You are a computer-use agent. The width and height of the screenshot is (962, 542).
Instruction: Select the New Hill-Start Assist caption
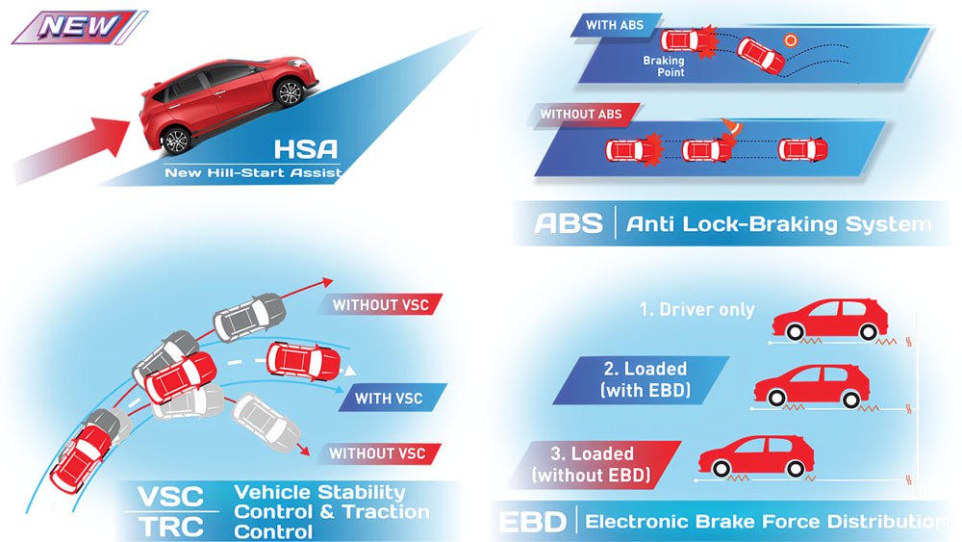tap(253, 174)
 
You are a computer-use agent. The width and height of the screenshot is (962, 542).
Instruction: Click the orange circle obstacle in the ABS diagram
tap(791, 40)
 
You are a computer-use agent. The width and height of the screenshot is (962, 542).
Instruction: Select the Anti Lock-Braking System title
tap(779, 224)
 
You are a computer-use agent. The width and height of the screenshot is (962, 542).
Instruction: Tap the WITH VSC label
tap(388, 398)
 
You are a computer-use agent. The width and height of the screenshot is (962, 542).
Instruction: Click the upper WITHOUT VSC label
tap(380, 305)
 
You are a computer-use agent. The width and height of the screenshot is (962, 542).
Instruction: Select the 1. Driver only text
tap(697, 310)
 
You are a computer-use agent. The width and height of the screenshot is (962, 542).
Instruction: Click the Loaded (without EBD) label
tap(603, 463)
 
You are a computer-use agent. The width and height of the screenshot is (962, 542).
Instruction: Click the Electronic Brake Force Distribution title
tap(765, 523)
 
